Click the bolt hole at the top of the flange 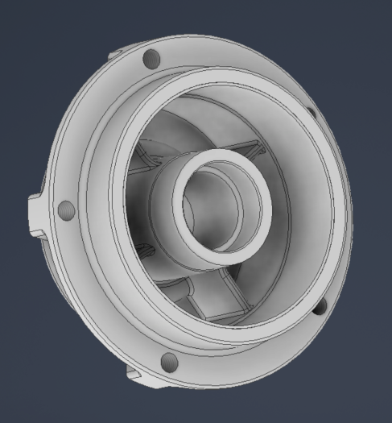[x=150, y=59]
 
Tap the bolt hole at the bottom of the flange [x=169, y=360]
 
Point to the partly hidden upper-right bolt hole [x=312, y=114]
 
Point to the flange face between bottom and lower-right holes [x=250, y=355]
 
